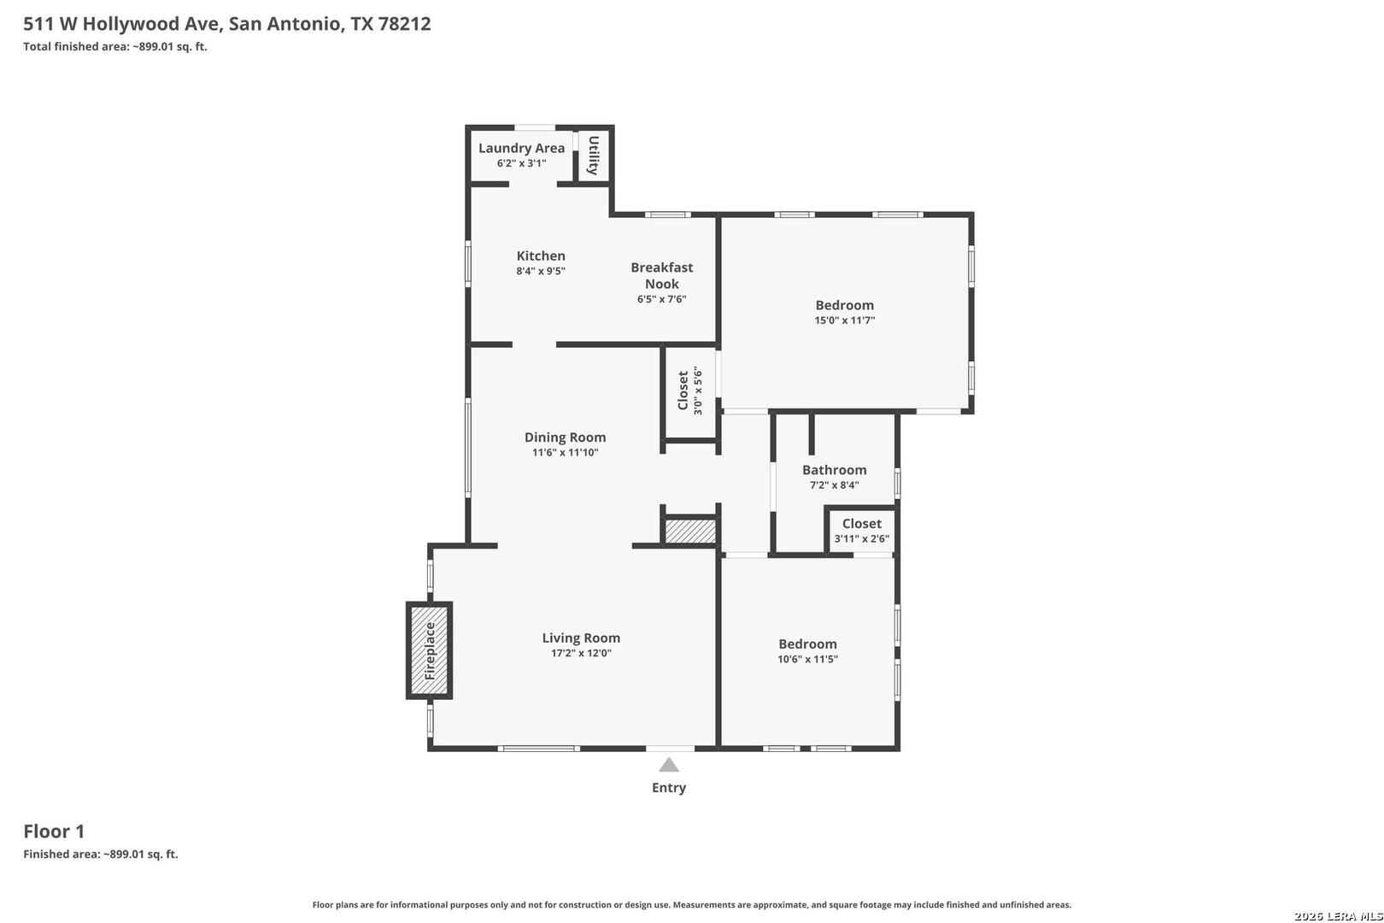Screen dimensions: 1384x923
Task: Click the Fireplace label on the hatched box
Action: [430, 651]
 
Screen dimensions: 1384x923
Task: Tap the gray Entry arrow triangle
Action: [669, 766]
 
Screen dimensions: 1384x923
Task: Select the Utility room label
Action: [593, 156]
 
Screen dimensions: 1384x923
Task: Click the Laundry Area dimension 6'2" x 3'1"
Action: [521, 163]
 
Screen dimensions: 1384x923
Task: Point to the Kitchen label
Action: [541, 256]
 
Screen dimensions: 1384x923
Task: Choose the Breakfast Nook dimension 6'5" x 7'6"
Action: [662, 299]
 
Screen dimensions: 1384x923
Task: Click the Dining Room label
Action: [565, 437]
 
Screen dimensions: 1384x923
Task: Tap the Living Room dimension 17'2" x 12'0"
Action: [581, 653]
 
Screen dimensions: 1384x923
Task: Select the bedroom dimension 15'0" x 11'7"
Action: [845, 320]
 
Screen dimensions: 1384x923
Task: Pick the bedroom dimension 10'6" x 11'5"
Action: [807, 659]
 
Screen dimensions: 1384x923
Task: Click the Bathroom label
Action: [834, 470]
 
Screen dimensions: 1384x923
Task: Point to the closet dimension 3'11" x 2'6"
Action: [862, 538]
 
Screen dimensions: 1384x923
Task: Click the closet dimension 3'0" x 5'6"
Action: [698, 391]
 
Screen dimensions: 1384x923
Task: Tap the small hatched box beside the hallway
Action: [690, 532]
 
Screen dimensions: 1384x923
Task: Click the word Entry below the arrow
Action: [669, 788]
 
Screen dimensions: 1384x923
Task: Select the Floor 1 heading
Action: [54, 831]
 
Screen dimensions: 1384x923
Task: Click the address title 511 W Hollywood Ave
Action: [122, 23]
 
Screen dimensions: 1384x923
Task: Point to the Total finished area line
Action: [115, 46]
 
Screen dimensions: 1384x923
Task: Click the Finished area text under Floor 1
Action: [101, 854]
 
